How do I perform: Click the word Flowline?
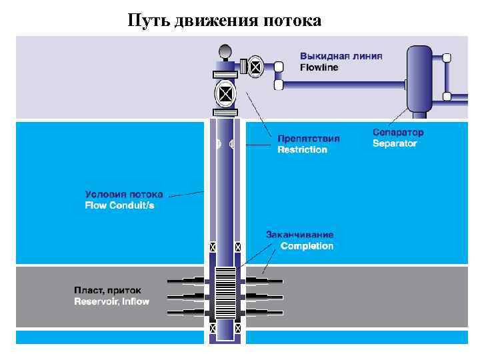(x=319, y=67)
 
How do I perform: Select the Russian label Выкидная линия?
(x=341, y=56)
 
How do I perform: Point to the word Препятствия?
(x=309, y=139)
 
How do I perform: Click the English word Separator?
(x=395, y=143)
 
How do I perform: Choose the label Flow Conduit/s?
(x=119, y=206)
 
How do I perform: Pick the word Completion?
(x=307, y=246)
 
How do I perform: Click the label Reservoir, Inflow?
(x=111, y=302)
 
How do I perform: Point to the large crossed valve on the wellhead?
(x=225, y=93)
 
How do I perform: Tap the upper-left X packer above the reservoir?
(x=213, y=247)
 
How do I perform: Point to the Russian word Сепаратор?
(x=398, y=132)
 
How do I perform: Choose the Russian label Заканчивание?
(x=300, y=235)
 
